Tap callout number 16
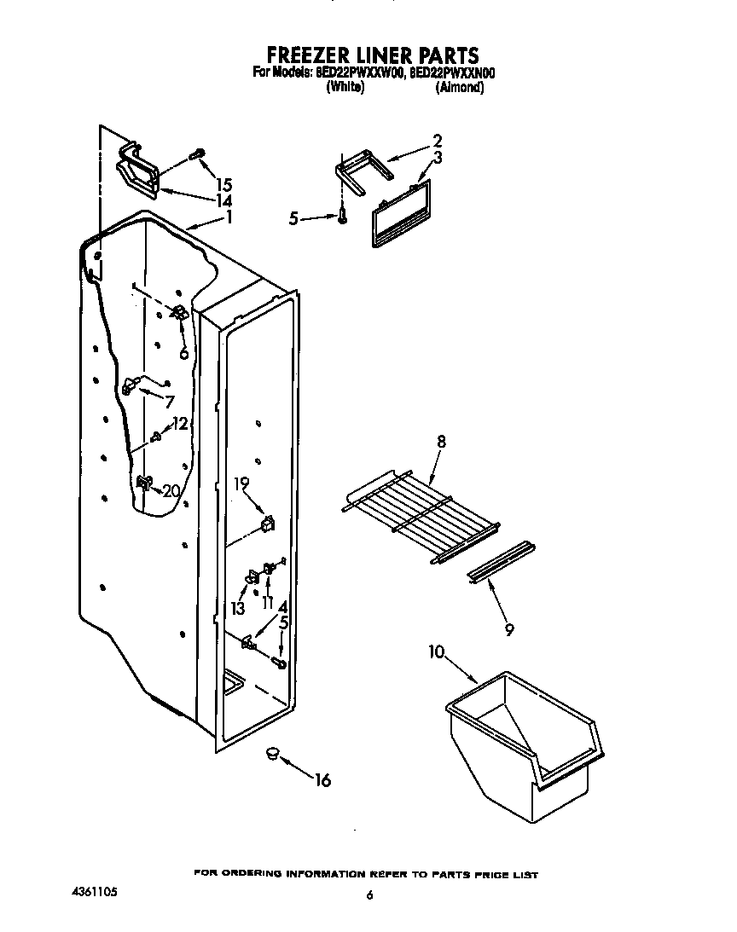322,779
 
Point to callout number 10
436,652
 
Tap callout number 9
508,630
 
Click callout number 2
437,141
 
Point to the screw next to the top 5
342,218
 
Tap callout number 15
224,184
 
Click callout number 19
241,483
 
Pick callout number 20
171,490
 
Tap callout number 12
179,423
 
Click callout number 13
237,608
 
